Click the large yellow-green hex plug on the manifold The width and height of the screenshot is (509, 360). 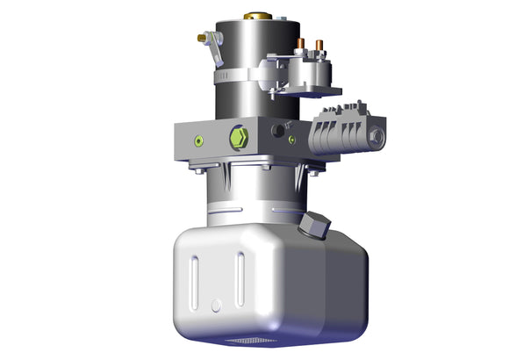pos(238,138)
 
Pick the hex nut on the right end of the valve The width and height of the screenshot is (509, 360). pos(377,138)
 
